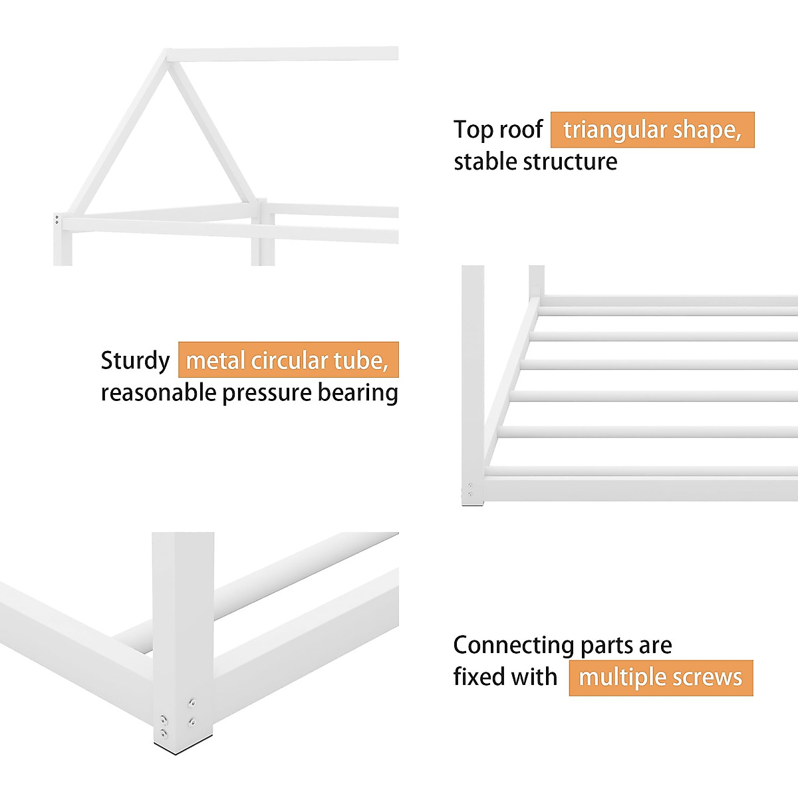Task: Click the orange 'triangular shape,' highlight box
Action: point(652,130)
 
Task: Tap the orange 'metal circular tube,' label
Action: point(288,360)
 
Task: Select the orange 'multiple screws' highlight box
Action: point(661,678)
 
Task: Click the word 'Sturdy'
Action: point(135,360)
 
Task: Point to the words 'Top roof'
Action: point(498,129)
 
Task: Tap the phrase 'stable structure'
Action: point(535,162)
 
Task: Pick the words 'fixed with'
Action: point(505,677)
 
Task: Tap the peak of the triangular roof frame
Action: point(168,53)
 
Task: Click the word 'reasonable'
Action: point(158,393)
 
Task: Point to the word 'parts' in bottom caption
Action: point(604,645)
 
